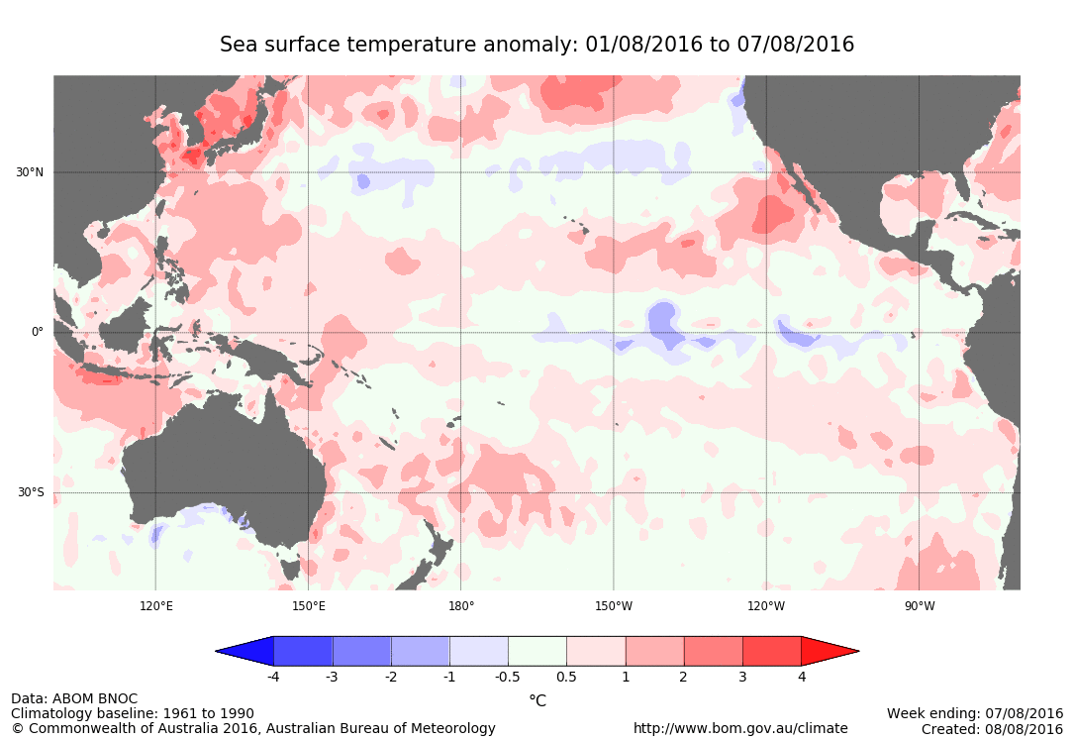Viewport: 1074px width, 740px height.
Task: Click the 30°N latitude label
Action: pos(29,172)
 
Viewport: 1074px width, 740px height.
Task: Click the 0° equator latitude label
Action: pos(38,333)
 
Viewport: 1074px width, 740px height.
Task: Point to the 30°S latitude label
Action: pos(29,493)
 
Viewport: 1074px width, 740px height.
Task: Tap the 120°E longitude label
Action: pos(155,605)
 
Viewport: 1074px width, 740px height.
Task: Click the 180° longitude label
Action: pos(461,605)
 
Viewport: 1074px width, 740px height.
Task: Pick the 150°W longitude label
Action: pos(614,605)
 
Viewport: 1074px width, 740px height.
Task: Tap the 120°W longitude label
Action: pos(766,605)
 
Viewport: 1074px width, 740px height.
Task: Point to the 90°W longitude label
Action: pos(919,605)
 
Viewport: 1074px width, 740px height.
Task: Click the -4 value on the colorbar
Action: pos(273,678)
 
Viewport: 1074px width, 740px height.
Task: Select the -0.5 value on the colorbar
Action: pos(508,678)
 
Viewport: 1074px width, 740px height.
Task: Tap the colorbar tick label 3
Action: pos(742,678)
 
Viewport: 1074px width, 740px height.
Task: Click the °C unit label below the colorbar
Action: pos(537,700)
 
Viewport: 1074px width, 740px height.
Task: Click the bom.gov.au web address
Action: pos(740,728)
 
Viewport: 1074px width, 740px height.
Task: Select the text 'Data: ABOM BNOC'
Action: pos(74,699)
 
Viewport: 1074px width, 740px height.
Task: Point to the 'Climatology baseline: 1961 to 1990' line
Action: pos(133,713)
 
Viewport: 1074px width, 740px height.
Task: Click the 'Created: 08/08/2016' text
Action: pos(992,728)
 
